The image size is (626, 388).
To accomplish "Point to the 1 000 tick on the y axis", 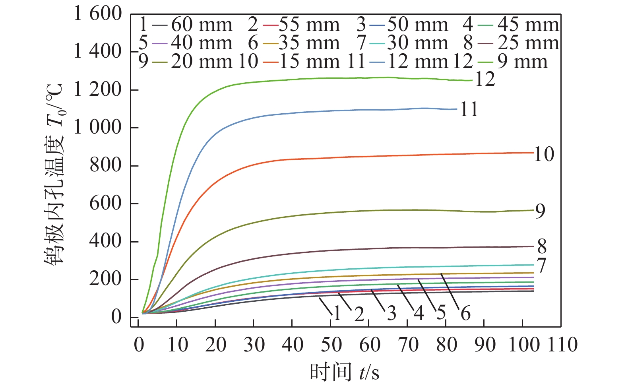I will [98, 128].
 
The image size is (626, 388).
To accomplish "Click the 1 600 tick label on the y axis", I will [98, 14].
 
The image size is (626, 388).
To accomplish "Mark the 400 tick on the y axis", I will [105, 241].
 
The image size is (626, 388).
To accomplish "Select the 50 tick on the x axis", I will [331, 344].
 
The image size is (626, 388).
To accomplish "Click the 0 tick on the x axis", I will [139, 344].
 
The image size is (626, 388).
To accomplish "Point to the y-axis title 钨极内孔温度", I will [54, 175].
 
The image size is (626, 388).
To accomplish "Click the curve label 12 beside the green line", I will [485, 80].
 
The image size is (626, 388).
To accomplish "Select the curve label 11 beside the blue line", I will [469, 109].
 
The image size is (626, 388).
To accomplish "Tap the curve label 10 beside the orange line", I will [544, 154].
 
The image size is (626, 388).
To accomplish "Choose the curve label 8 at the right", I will [542, 247].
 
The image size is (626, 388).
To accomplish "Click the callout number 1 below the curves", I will [337, 314].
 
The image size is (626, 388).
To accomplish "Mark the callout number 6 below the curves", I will [465, 314].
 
